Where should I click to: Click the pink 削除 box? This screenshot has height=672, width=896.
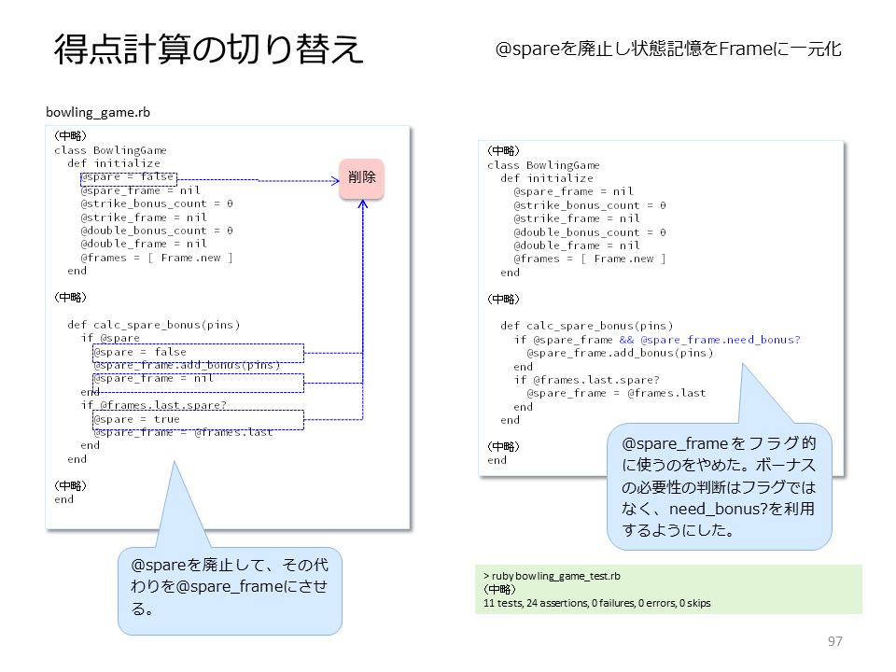pos(362,179)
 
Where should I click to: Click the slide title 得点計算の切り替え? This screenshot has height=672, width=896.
pos(209,49)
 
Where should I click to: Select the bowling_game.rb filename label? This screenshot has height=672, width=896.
pos(98,112)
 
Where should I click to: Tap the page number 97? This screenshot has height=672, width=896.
pos(834,641)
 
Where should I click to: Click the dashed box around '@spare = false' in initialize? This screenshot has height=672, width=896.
pos(129,179)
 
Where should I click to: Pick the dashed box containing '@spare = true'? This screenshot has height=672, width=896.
pos(198,420)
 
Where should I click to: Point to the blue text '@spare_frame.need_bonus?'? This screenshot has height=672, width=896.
pos(720,340)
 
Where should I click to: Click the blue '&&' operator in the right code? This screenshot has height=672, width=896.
pos(626,340)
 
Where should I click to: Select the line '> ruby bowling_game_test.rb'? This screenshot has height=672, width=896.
pos(552,576)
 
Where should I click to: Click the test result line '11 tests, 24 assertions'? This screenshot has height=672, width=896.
pos(596,603)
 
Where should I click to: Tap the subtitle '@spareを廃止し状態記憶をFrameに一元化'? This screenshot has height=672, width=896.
pos(668,49)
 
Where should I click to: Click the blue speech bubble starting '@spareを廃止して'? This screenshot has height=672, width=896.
pos(230,591)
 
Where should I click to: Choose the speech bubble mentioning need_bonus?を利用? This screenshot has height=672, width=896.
pos(719,486)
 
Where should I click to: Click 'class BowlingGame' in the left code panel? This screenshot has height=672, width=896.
pos(110,150)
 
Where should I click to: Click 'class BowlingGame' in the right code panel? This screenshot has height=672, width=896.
pos(543,165)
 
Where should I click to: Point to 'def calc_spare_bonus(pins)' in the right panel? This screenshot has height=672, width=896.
pos(587,326)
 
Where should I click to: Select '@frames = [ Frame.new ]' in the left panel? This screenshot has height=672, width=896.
pos(157,258)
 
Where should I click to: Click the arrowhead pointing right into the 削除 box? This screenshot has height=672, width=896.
pos(336,181)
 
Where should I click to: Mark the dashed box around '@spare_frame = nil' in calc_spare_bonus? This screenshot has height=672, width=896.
pos(198,383)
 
